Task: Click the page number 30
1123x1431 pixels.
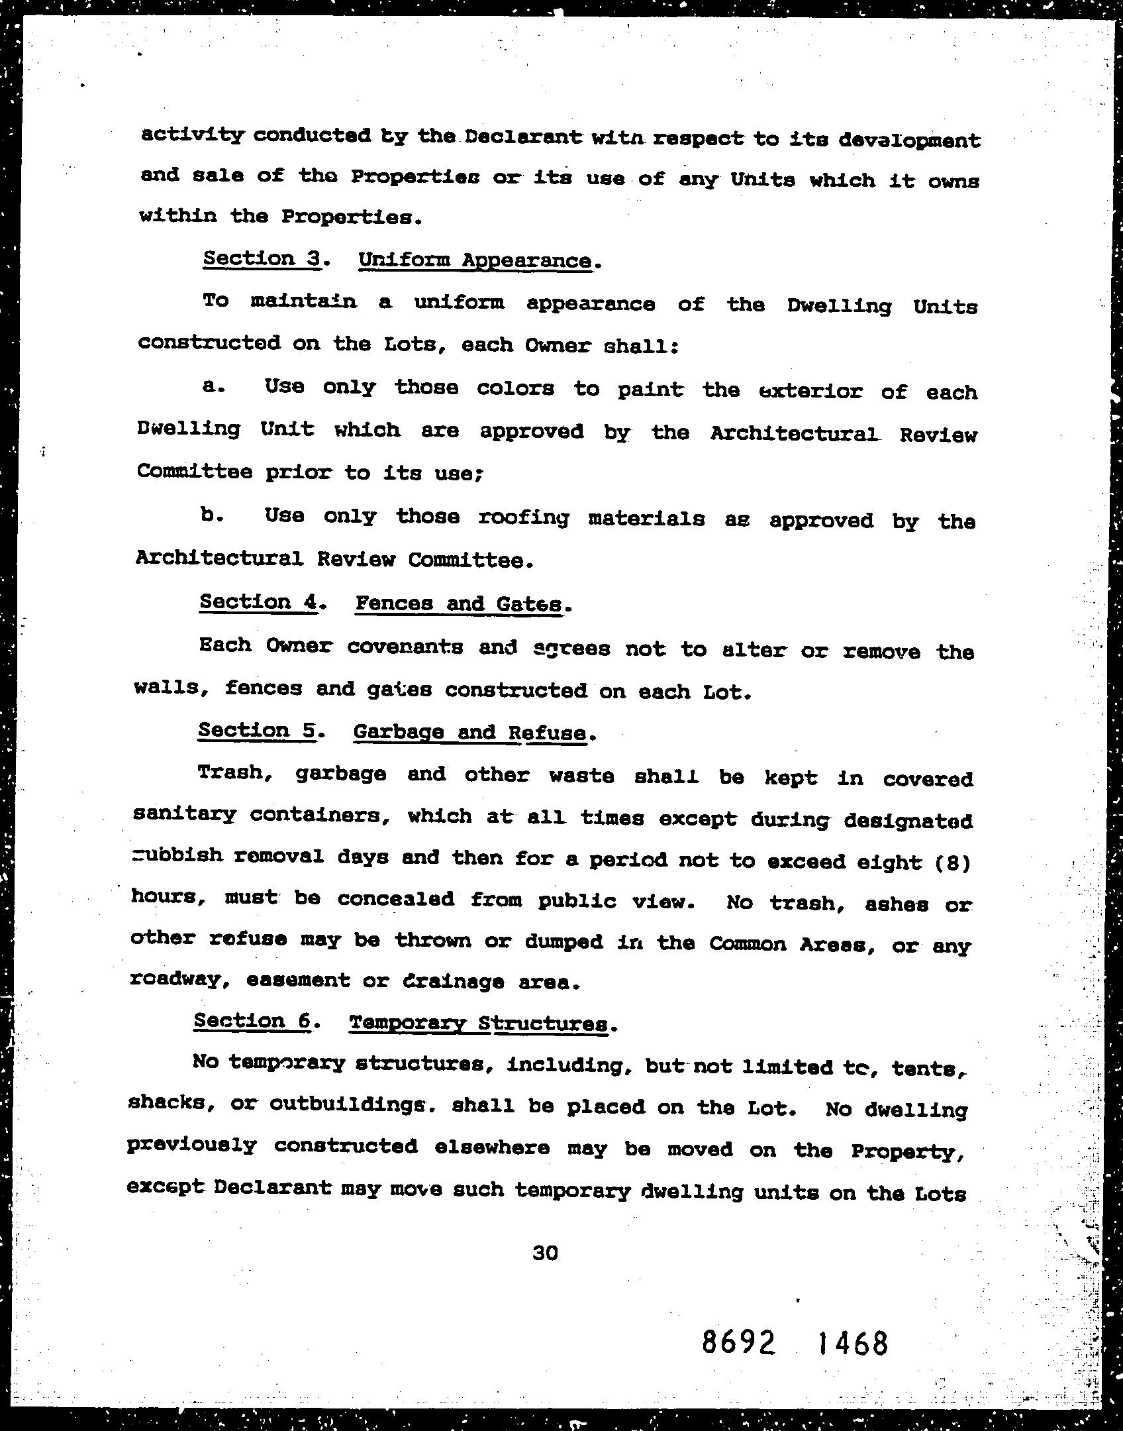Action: pos(545,1253)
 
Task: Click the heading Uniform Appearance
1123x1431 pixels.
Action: pos(475,260)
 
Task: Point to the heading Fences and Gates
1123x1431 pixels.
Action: pos(460,604)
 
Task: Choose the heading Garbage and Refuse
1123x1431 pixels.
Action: pos(470,732)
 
